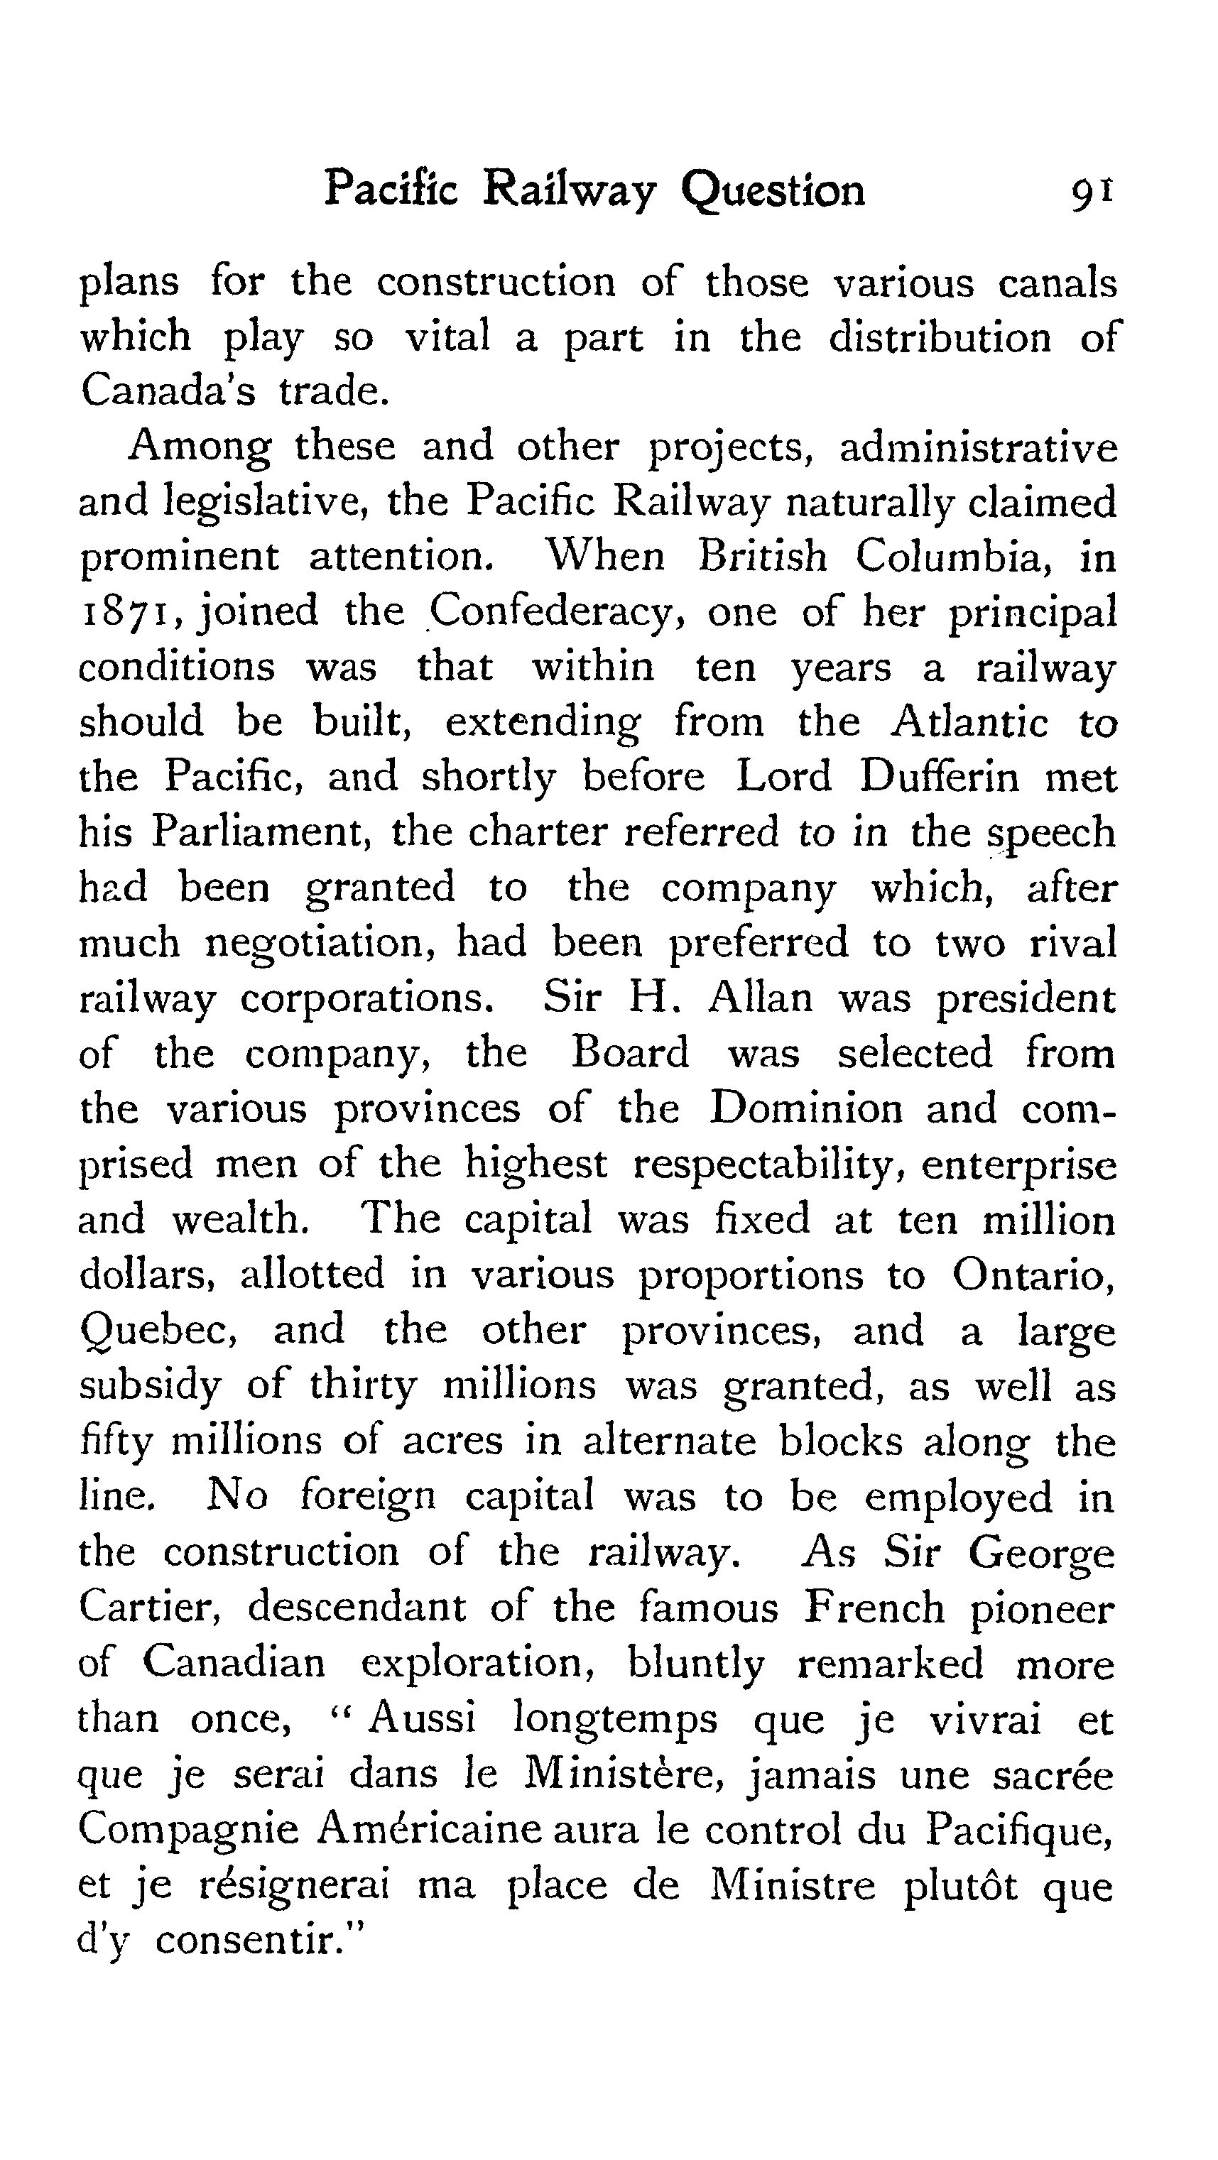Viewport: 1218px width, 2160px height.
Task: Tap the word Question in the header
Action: (x=773, y=191)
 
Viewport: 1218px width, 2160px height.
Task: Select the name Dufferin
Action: (x=940, y=778)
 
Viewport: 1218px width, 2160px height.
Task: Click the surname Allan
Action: (x=761, y=998)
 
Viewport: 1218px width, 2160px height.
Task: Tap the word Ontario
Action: (x=1033, y=1275)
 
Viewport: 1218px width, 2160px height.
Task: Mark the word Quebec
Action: (x=158, y=1331)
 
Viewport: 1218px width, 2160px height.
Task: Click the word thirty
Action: (x=362, y=1385)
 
